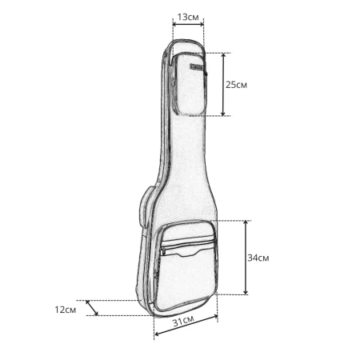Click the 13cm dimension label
(x=188, y=17)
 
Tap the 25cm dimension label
(x=236, y=85)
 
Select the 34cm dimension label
(x=258, y=258)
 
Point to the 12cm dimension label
(x=66, y=310)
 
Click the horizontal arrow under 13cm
(x=188, y=24)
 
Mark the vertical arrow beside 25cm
(x=223, y=84)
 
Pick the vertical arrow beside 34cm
(x=246, y=258)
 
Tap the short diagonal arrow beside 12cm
(x=92, y=308)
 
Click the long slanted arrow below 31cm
(x=186, y=325)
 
